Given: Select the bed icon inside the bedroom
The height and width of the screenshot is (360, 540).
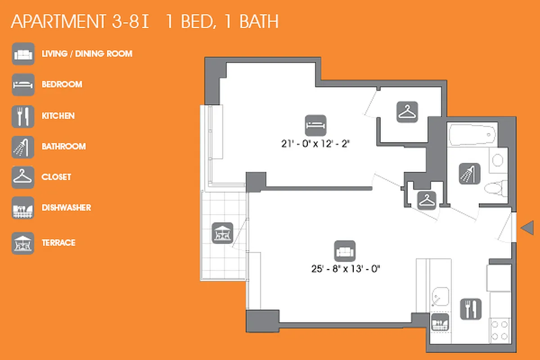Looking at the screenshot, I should coord(315,126).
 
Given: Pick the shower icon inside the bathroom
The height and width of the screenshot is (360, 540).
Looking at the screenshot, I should coord(470,174).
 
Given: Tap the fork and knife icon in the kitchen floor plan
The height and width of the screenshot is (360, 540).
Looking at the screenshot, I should coord(471,310).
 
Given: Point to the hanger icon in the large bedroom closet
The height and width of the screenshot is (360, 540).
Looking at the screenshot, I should coord(407,112).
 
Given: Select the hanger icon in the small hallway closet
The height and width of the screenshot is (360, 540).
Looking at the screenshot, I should coord(425,201).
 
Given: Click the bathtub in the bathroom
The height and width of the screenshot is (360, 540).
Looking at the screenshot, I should coord(472,135).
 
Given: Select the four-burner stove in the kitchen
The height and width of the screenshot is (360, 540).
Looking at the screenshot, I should coord(499,330).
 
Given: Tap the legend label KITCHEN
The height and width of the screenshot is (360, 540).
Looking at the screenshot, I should coord(58,116).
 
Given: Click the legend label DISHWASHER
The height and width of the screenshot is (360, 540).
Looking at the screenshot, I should coord(66,207).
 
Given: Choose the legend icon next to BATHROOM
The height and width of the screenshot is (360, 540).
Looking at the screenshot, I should coord(23,147).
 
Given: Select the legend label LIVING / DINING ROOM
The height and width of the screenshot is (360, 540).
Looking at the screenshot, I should coord(87,54).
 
